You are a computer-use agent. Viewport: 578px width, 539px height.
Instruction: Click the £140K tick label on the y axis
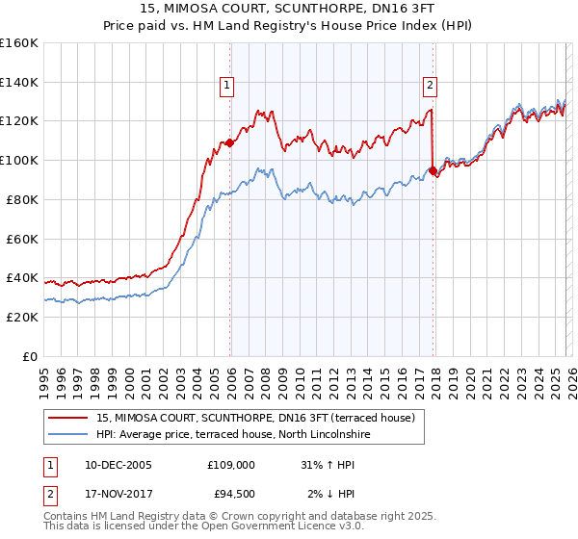(19, 82)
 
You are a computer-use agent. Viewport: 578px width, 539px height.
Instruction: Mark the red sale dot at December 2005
(229, 142)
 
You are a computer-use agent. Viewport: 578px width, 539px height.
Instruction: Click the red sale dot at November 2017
(433, 171)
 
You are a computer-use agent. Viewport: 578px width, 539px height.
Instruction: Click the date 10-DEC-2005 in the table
(118, 464)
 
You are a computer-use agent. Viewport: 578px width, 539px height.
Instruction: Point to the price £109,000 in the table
(230, 464)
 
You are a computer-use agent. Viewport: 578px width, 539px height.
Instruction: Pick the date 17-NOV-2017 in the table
(118, 495)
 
